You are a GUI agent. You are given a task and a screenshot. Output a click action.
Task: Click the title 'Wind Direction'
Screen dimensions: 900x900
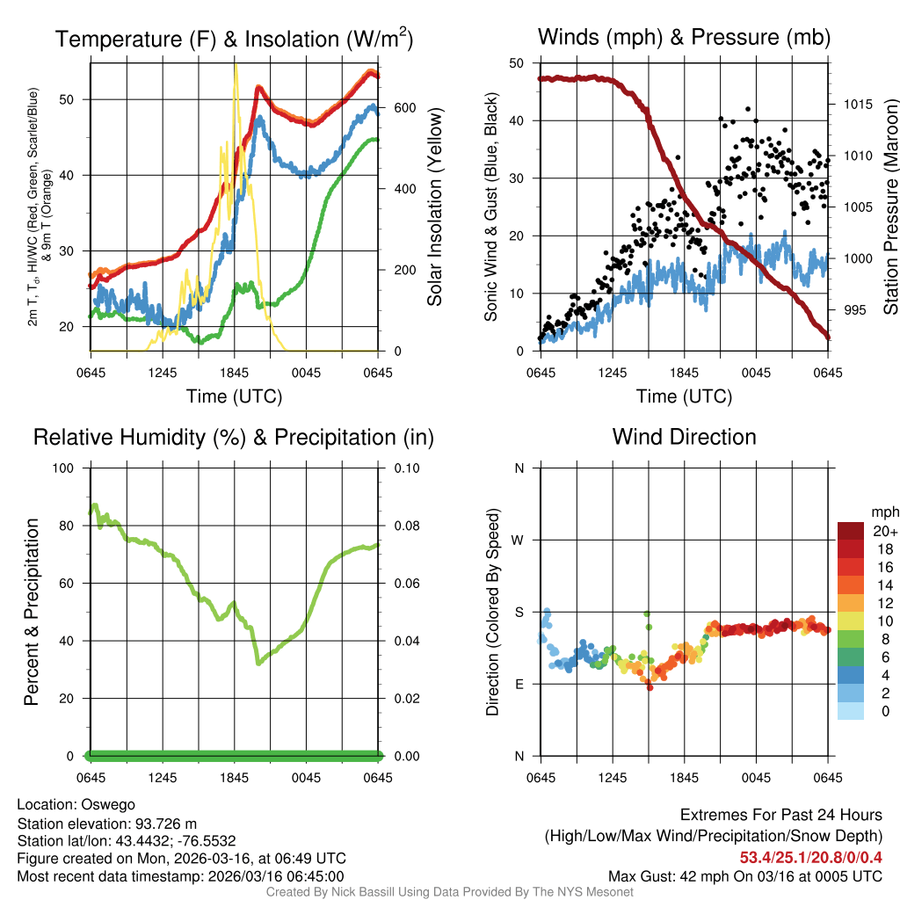coord(684,437)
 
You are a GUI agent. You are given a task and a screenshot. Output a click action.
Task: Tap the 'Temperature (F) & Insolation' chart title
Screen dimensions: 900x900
coord(234,39)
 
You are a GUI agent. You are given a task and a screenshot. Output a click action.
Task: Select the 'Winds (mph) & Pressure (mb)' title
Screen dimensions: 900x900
coord(684,37)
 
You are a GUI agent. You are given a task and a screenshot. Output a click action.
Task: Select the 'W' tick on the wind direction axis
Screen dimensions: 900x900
coord(519,540)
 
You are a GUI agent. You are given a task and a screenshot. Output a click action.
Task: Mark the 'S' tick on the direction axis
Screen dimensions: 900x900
coord(519,612)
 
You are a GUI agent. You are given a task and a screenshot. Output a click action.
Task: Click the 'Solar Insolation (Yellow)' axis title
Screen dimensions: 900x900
coord(434,207)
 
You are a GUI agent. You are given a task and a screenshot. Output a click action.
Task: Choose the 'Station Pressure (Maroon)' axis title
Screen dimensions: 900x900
coord(889,207)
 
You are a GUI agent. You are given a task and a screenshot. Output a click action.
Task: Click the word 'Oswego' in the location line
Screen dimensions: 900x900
coord(108,804)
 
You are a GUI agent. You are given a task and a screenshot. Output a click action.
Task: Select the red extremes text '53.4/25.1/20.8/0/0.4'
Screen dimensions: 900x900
coord(810,857)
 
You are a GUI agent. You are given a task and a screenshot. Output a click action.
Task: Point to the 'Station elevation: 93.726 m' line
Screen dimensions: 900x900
coord(107,823)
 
